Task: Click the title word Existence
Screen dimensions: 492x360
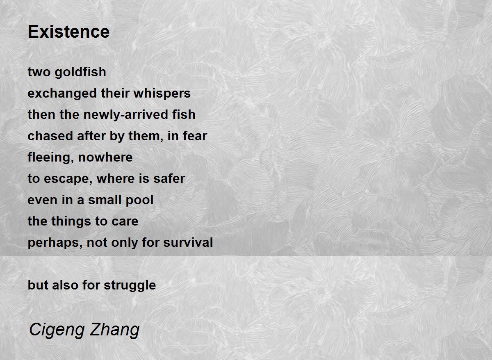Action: [68, 32]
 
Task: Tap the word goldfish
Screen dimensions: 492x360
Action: [80, 72]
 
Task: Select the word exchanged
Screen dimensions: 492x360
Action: [62, 93]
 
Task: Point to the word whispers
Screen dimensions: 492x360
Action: [162, 93]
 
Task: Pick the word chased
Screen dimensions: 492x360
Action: [50, 136]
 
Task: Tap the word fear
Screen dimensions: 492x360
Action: [195, 136]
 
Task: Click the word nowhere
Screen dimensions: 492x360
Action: [105, 157]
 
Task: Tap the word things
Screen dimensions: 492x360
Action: [71, 221]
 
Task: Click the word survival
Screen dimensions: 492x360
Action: [188, 242]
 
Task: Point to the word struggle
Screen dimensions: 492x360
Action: [130, 285]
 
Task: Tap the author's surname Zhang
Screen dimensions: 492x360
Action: [115, 330]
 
